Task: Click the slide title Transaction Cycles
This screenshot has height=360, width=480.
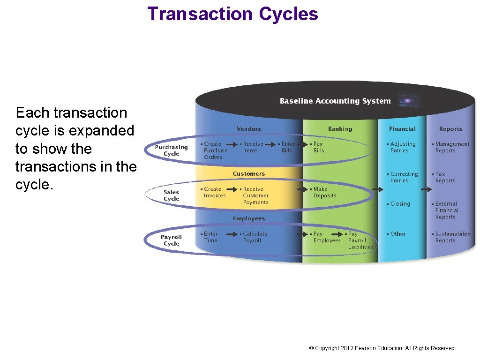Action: [232, 14]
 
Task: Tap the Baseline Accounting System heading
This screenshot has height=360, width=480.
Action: [335, 101]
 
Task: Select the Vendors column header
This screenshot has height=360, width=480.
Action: [249, 129]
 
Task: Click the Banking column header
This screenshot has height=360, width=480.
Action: [340, 129]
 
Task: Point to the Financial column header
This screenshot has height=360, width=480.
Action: [402, 129]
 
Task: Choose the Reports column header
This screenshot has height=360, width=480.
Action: [450, 129]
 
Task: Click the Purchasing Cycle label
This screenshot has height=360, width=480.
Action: [171, 150]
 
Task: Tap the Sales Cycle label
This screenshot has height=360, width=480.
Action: [171, 195]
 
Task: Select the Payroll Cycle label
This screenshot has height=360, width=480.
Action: [171, 240]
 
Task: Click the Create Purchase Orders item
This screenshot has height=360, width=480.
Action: [215, 150]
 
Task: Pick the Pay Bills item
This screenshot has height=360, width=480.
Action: [318, 147]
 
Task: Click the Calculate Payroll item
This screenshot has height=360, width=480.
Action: [255, 237]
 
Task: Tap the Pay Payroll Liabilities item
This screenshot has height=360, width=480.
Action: [360, 240]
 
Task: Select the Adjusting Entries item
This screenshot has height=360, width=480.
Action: [402, 147]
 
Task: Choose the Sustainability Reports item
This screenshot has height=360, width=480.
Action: [452, 237]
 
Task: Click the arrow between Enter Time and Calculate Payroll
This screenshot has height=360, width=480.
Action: [230, 234]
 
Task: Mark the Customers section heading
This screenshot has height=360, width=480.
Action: [248, 174]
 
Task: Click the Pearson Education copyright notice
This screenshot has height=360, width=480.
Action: [382, 348]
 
